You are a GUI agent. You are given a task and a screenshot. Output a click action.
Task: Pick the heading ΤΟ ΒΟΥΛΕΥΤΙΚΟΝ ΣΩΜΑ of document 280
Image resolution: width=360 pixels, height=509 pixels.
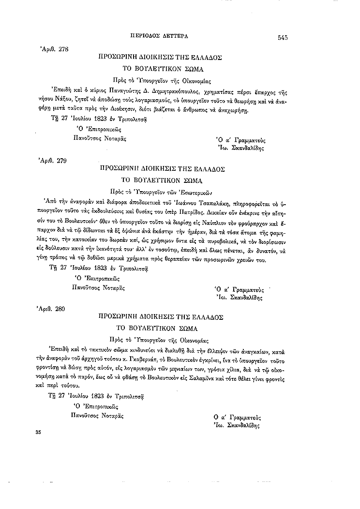click(160, 329)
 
